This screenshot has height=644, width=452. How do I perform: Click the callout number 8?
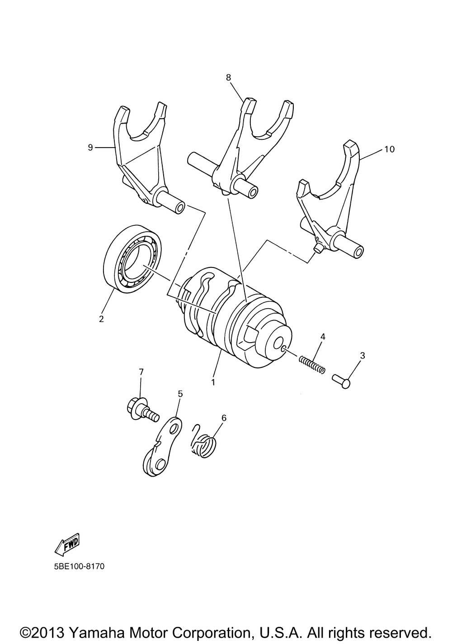click(x=228, y=77)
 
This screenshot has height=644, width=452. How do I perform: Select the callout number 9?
click(x=90, y=147)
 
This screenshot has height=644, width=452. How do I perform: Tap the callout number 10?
click(x=390, y=149)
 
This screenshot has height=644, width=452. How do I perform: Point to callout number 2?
click(x=101, y=319)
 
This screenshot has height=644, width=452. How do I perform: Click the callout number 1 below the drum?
click(x=213, y=382)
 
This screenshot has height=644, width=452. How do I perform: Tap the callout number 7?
click(x=141, y=372)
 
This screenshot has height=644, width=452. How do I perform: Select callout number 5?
click(x=180, y=394)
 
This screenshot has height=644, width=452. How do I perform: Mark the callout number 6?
click(x=224, y=418)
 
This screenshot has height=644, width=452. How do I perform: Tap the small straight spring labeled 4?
click(x=312, y=364)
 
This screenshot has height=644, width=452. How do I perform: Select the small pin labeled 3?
click(x=341, y=380)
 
